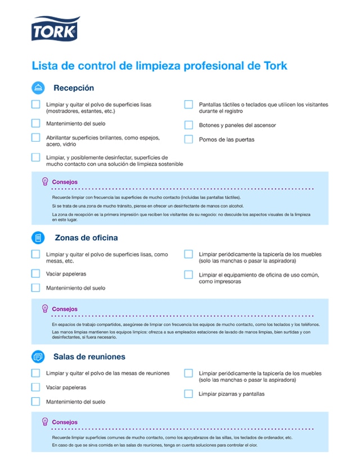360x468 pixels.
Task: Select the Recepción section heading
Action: tap(74, 88)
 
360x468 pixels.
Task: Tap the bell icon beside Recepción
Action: tap(38, 88)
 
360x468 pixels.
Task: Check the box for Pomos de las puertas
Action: tap(188, 139)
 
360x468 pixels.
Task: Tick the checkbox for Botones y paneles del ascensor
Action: tap(188, 125)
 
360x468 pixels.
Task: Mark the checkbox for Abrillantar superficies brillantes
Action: tap(36, 138)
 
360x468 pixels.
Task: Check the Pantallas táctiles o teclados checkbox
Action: tap(188, 105)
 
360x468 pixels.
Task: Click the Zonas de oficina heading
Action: tap(86, 237)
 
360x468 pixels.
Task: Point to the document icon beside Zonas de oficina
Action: tap(38, 237)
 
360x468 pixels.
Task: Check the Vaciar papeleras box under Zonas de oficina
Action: tap(36, 274)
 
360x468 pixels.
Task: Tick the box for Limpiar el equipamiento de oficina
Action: tap(188, 274)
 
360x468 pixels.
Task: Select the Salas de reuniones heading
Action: tap(89, 357)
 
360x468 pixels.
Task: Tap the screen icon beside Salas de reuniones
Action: tap(38, 357)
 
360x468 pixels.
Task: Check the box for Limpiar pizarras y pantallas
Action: tap(188, 394)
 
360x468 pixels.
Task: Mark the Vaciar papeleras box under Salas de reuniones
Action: tap(36, 388)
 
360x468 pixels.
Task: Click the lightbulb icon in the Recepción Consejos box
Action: tap(45, 182)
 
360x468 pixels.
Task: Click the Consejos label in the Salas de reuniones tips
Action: tap(65, 422)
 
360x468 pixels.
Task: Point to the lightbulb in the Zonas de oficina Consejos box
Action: tap(45, 309)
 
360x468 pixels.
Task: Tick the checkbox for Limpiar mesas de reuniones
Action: tap(36, 373)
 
